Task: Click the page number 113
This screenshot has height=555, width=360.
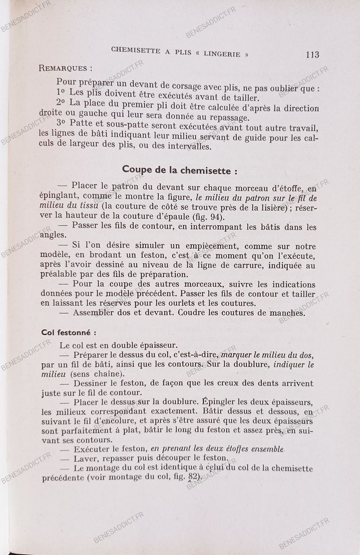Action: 312,54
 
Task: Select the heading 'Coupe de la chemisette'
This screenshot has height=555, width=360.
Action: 179,170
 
